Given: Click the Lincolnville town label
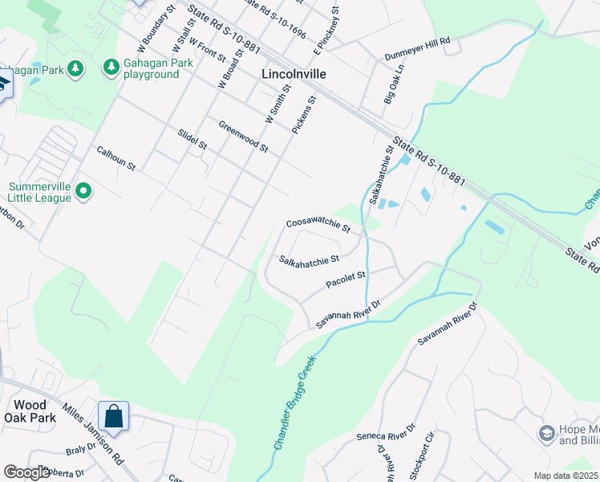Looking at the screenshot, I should pos(294,73).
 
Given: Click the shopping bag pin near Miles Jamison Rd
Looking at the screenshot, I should pos(114,416).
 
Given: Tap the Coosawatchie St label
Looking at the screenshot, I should pos(318,224).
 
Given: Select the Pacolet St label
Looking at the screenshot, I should pos(346,280).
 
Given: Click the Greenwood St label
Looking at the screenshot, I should pos(242,136).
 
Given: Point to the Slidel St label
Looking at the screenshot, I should pos(192,139).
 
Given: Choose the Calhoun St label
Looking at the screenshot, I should pos(116,157).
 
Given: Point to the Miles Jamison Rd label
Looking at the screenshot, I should pos(92,434).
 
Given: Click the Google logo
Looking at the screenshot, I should pos(26,472).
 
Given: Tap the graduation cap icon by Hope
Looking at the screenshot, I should pos(547,434).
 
